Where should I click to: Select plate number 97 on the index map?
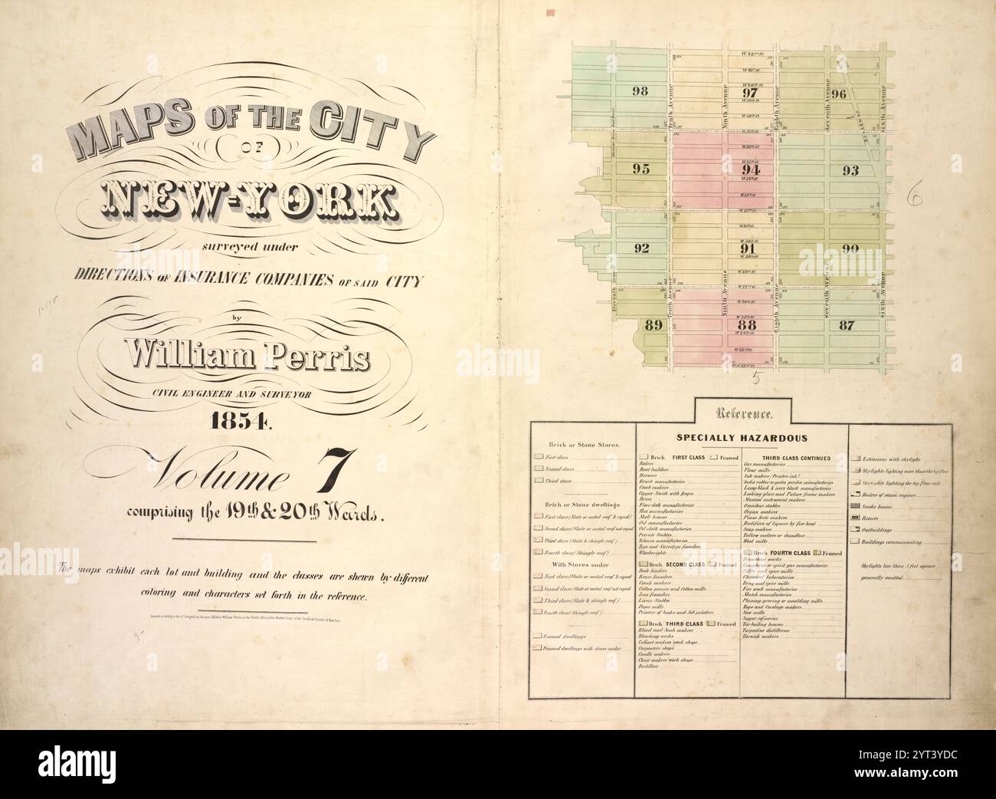point(750,93)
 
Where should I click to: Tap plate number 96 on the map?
point(839,94)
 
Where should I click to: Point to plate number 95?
point(641,169)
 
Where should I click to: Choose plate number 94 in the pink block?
point(751,169)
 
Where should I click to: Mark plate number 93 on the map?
point(850,170)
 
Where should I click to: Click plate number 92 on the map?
point(641,248)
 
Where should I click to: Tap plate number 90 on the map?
point(850,248)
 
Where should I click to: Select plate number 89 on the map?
point(654,324)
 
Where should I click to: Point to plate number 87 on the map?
point(846,324)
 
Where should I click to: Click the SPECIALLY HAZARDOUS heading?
point(741,438)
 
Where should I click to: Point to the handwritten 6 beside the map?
point(913,196)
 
